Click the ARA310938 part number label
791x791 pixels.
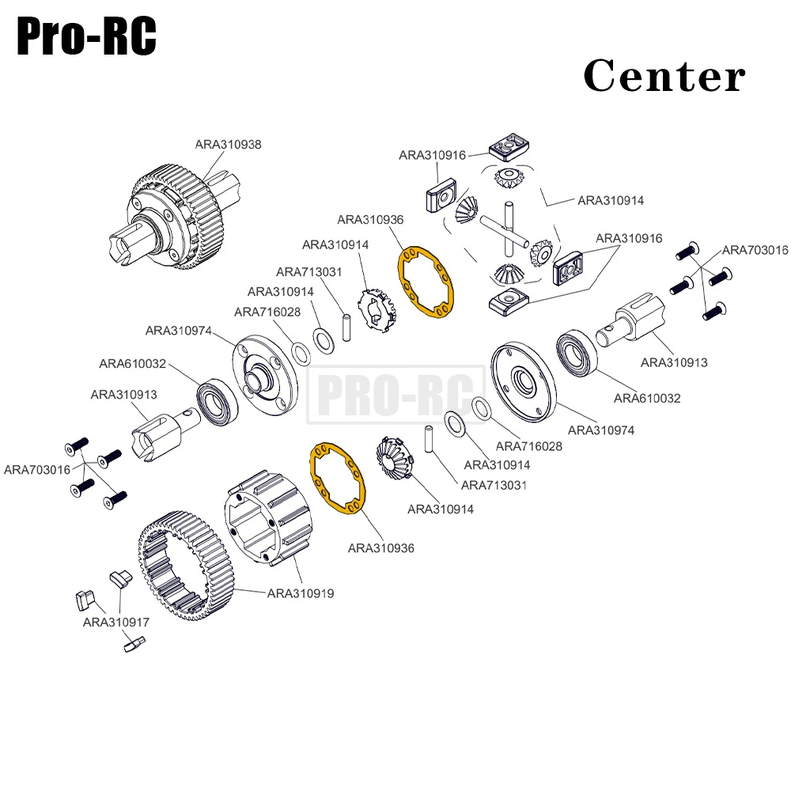pos(228,145)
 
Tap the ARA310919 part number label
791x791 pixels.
pos(300,592)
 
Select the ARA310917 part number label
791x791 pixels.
pos(115,623)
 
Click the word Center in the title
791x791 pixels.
pos(664,77)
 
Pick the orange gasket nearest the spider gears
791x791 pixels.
pos(427,282)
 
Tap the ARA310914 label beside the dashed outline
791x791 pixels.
pos(611,201)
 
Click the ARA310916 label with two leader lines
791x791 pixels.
pos(629,238)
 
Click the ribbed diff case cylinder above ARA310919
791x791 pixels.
pos(270,518)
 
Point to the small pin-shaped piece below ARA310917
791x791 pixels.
pos(133,645)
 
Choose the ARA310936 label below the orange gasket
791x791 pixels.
pos(380,547)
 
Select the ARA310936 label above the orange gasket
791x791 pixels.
pos(369,219)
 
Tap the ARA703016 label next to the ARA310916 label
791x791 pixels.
pos(755,250)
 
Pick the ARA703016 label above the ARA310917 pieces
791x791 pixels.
pos(37,469)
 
